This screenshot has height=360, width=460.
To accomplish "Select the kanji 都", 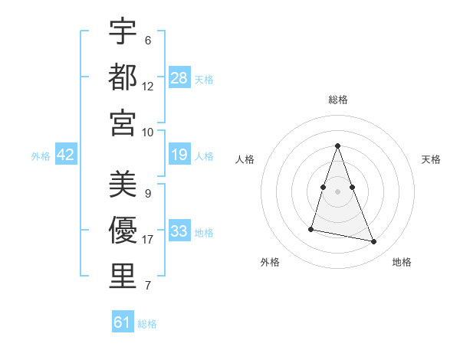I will [123, 77].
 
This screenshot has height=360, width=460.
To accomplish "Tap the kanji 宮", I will [123, 123].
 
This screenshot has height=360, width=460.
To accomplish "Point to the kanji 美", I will [123, 185].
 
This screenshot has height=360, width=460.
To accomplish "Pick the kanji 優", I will [123, 231].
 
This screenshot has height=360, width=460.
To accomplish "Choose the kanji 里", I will [123, 277].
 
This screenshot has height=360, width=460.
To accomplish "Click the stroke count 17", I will [148, 240].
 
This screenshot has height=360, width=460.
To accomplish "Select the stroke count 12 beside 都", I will [148, 86].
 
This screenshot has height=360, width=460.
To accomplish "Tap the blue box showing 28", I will [179, 78].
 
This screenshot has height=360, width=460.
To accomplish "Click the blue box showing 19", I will [179, 155].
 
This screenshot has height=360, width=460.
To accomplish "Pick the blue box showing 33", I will [179, 231].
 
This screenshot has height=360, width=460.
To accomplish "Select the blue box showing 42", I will [66, 155].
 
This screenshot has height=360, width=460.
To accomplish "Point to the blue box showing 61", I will [123, 322].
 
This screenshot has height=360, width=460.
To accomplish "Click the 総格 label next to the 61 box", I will [147, 324].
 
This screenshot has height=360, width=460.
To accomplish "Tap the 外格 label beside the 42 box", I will [41, 156].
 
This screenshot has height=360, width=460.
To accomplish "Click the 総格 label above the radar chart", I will [337, 100].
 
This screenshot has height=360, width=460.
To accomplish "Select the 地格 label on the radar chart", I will [402, 263].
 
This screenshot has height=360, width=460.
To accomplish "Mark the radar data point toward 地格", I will [374, 242].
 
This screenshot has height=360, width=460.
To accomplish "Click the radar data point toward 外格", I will [311, 229].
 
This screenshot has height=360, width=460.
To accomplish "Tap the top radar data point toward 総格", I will [337, 146].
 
